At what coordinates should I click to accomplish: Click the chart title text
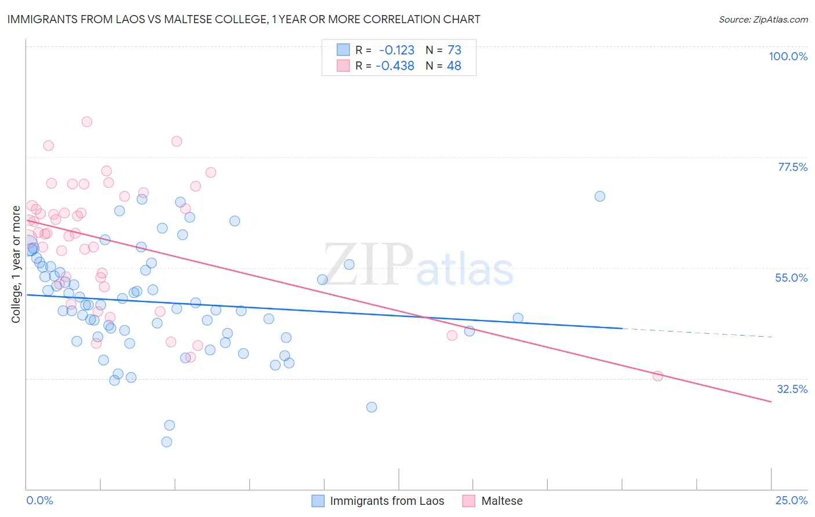point(243,19)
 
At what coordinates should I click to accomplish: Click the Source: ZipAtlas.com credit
point(763,19)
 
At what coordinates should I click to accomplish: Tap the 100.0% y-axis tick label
point(788,56)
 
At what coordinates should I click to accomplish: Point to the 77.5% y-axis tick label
point(792,167)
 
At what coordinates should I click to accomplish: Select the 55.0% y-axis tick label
point(791,278)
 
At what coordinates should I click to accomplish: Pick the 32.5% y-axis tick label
point(792,389)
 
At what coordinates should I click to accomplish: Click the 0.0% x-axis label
point(39,500)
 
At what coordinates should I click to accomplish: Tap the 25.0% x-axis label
point(791,500)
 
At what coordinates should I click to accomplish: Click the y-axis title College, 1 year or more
point(16,264)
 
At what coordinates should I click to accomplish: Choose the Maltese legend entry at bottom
point(501,501)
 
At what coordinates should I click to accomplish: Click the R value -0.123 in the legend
point(396,50)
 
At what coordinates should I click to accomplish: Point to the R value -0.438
point(395,66)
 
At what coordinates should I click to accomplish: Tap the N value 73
point(454,50)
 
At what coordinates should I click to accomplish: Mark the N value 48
point(454,66)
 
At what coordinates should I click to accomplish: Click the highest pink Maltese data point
point(87,122)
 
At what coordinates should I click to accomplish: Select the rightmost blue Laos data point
point(600,196)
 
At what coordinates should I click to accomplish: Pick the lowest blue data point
point(166,442)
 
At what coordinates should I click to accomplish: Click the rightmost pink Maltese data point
point(658,376)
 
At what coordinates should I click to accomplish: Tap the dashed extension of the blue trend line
point(696,333)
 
